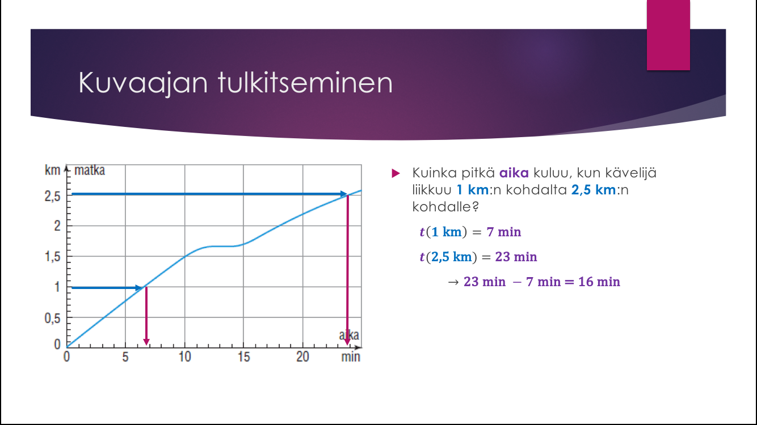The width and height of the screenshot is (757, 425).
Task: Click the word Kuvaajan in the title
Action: [143, 83]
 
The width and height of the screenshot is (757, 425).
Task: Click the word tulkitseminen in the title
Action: [305, 82]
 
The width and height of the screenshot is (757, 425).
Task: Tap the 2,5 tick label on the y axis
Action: [52, 196]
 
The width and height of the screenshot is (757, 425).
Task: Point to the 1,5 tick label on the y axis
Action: [52, 257]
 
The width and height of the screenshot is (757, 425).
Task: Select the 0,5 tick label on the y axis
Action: [52, 318]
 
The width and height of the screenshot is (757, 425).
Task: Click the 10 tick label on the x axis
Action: [184, 356]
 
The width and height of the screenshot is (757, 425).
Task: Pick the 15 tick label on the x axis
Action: [243, 356]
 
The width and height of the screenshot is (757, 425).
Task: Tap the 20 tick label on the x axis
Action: [302, 356]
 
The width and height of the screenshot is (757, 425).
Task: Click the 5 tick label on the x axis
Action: [125, 356]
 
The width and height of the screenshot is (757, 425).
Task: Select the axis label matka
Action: [90, 170]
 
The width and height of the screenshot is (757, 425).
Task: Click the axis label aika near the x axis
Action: [349, 335]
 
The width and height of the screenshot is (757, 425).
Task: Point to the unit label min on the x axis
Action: [351, 356]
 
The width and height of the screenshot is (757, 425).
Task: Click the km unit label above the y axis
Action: [52, 170]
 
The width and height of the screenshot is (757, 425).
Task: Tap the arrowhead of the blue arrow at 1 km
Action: [139, 288]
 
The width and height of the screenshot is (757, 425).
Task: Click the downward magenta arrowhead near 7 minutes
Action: [146, 342]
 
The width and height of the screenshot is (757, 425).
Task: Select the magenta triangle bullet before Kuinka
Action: [396, 173]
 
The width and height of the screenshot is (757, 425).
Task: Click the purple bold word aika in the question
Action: [514, 173]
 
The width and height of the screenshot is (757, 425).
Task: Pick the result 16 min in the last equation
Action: [599, 282]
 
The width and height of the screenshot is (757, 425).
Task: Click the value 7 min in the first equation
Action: [504, 232]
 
